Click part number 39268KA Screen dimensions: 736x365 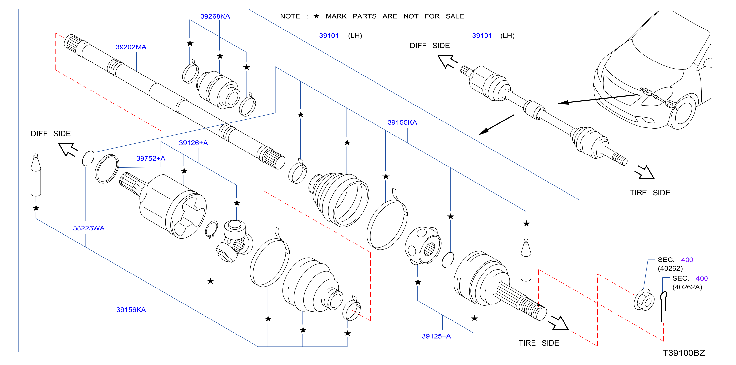pos(215,16)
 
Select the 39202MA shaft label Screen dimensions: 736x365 pos(131,47)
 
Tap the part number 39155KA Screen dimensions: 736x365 pos(402,122)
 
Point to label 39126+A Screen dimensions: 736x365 pos(193,143)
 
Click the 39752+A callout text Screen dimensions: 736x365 pos(151,158)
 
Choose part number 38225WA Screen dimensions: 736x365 pos(89,228)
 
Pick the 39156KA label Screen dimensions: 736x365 pos(131,310)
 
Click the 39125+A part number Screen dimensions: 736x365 pos(436,336)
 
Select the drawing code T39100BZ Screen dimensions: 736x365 pos(684,353)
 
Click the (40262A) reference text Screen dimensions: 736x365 pos(687,287)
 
